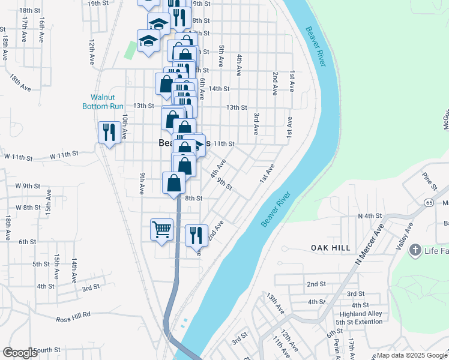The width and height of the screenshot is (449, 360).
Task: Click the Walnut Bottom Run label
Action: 102,101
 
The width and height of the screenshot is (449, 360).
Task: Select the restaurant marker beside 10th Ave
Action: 109,132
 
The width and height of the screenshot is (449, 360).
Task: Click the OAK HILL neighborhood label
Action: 330,247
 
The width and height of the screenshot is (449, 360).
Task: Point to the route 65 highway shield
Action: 431,202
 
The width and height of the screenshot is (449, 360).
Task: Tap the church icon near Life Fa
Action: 414,250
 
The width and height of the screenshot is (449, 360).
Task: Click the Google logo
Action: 20,353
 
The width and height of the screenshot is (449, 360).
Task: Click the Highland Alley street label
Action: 361,314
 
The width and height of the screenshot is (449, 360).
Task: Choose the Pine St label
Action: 428,179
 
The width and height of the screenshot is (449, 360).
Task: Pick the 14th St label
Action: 220,89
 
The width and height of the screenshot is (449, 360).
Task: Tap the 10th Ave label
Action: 125,127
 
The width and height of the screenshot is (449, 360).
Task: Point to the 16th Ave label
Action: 42,29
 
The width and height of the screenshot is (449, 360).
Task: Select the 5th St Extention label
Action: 360,322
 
